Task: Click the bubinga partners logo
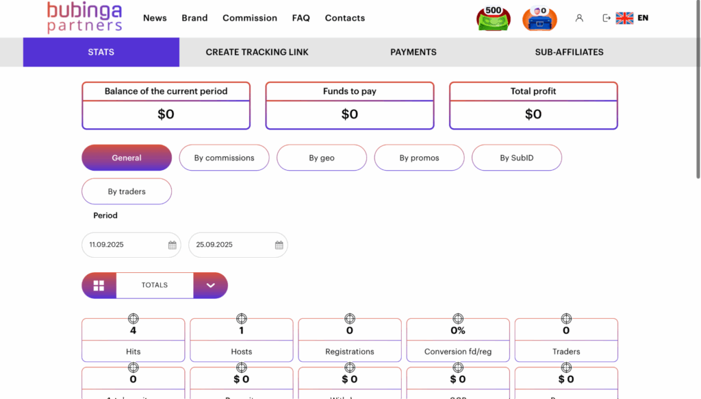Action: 84,18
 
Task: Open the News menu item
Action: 155,18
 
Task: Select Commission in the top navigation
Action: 250,18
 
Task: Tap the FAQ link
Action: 301,18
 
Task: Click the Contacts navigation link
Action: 345,18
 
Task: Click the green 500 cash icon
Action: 493,19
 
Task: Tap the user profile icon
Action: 579,19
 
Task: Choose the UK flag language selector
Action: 624,19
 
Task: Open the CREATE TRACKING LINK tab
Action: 257,52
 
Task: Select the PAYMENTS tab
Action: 413,52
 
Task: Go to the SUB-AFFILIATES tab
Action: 569,52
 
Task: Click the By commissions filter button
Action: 224,158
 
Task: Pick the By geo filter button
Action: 322,158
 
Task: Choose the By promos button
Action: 419,158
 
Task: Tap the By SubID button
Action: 517,158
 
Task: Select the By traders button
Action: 127,191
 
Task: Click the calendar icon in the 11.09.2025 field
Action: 173,245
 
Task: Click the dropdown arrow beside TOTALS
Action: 210,285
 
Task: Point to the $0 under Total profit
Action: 533,114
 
